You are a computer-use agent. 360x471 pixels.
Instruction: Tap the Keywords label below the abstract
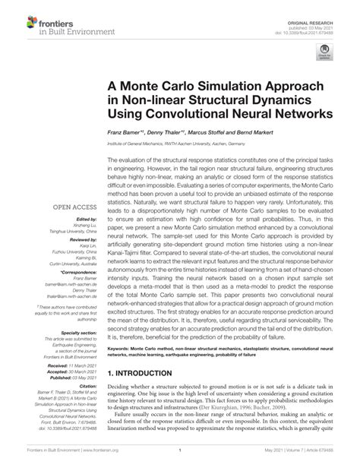point(122,349)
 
